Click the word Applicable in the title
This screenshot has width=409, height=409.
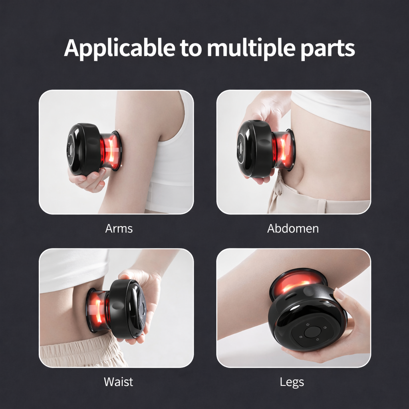[x=119, y=48]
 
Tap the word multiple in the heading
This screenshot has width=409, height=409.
[x=251, y=48]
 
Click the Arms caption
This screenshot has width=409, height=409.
[x=119, y=228]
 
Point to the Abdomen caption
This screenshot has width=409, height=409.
[x=293, y=228]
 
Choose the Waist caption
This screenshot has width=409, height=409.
[x=118, y=381]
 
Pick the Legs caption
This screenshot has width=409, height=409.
[x=292, y=382]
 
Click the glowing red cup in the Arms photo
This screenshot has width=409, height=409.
[x=110, y=151]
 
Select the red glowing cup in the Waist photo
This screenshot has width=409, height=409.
[x=97, y=310]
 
